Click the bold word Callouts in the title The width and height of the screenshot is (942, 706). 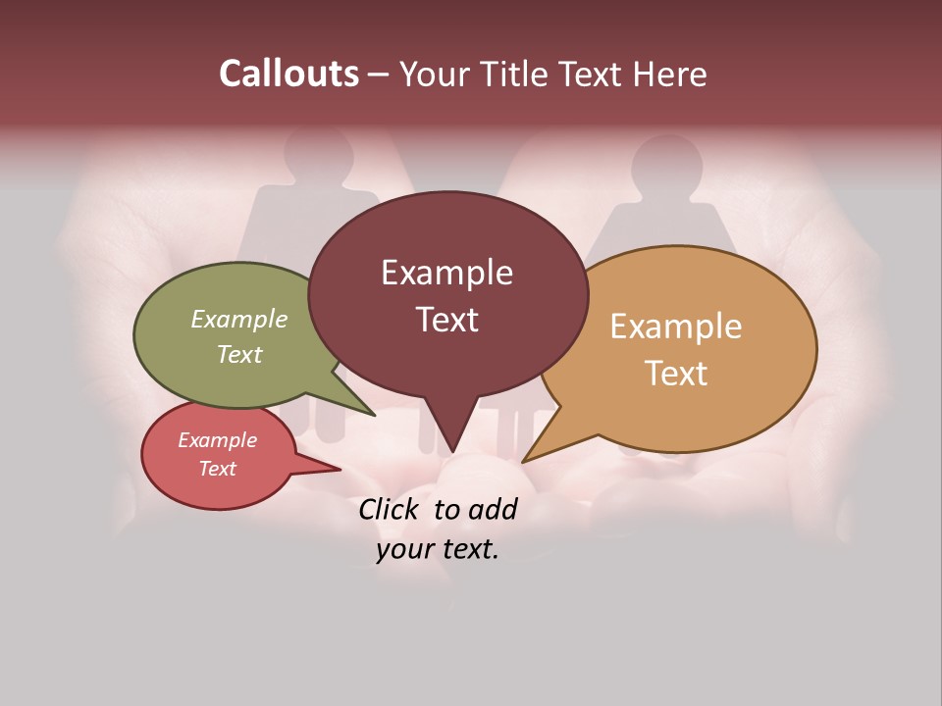tap(288, 74)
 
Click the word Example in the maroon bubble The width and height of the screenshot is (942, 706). tap(446, 273)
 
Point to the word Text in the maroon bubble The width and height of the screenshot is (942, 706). tap(446, 319)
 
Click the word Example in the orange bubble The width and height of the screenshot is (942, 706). tap(676, 327)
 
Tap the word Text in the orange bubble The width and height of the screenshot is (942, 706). tap(676, 374)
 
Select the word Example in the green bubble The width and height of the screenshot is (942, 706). tap(239, 320)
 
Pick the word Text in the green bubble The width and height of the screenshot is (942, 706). tap(239, 354)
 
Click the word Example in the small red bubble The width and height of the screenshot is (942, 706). tap(218, 440)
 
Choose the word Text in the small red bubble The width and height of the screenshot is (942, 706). tap(218, 469)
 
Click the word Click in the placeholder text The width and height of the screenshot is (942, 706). tap(391, 510)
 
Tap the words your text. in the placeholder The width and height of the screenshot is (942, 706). tap(437, 549)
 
